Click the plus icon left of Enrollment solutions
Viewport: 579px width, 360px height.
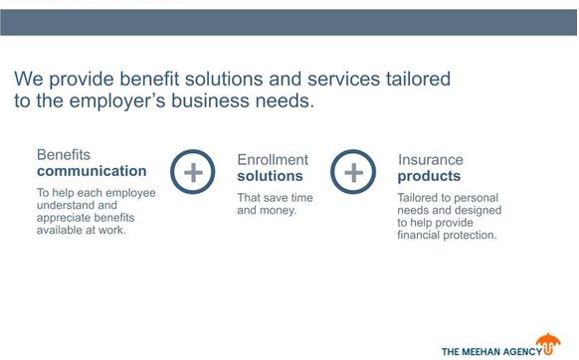pos(193,172)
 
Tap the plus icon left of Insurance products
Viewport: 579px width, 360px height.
pos(353,172)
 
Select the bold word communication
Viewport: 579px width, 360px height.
pos(92,171)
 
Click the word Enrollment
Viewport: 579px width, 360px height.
pos(273,159)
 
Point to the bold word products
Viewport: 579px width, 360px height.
pos(429,176)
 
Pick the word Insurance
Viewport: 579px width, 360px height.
pos(430,159)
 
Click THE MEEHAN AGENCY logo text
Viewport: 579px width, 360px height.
pos(491,350)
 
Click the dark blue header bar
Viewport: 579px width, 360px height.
pos(289,22)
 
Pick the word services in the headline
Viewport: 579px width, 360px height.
pos(336,78)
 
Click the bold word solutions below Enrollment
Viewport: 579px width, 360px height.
pos(269,176)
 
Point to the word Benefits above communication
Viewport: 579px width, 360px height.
pos(64,155)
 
